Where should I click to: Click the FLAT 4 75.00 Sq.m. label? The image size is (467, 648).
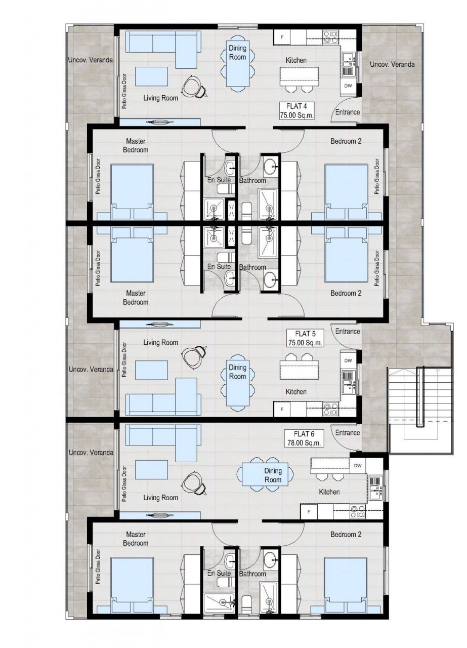[297, 110]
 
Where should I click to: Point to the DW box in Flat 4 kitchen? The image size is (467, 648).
[348, 86]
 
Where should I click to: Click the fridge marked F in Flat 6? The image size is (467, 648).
[309, 512]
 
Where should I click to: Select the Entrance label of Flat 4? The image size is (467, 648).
[348, 111]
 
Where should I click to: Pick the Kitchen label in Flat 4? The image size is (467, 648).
[296, 60]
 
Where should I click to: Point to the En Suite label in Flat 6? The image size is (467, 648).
[219, 573]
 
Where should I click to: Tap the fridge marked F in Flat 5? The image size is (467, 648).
[283, 408]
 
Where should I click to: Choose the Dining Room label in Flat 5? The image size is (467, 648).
[237, 372]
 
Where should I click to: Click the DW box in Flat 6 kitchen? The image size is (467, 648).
[358, 465]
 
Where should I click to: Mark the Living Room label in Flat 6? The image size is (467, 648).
[160, 498]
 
